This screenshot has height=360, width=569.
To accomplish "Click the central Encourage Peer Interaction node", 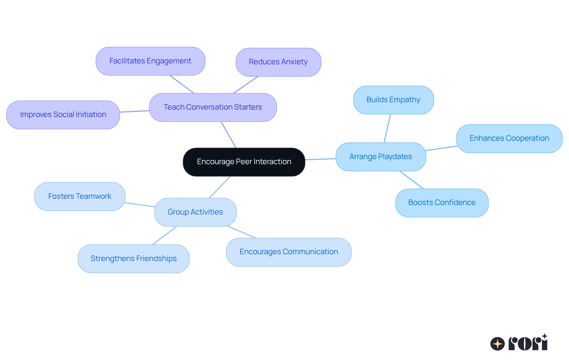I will [244, 162].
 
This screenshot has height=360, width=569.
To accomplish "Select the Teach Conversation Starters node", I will [213, 107].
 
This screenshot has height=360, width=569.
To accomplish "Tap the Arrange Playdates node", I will [381, 157].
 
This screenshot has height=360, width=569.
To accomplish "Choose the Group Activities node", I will [195, 212].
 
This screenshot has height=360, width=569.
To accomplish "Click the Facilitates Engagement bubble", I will [150, 61].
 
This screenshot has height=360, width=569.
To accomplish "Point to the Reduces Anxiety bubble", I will [278, 62].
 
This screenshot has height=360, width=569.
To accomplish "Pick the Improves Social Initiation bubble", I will [63, 115].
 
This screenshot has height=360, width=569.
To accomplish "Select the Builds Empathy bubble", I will [393, 100].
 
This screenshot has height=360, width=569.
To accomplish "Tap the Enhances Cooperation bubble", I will [509, 138].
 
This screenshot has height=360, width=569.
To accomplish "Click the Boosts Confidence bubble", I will [442, 203].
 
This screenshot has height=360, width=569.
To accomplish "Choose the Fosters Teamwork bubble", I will [80, 196].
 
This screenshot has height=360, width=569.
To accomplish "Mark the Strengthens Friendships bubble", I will [133, 259].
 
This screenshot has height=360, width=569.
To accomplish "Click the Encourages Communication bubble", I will [289, 252].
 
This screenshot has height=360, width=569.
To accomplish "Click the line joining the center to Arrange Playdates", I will [320, 159].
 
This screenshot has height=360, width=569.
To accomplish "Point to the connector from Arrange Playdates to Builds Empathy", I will [387, 128].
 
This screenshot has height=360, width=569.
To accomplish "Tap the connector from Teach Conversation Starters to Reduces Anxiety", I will [246, 85].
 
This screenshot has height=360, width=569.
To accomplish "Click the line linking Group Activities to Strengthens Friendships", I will [165, 236].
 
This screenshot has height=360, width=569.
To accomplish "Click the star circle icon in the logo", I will [497, 344].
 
